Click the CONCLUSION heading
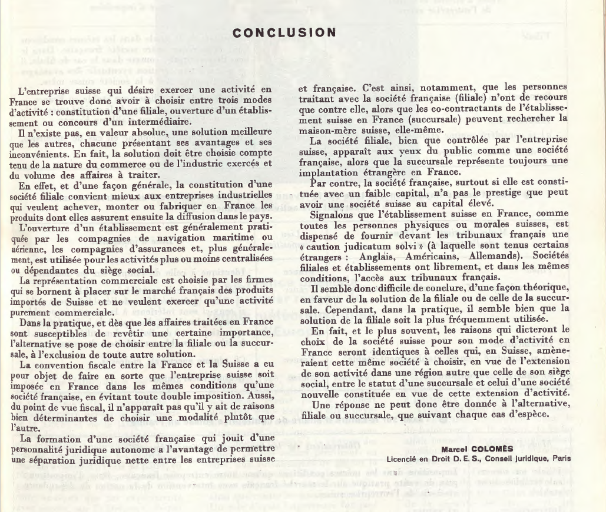click(284, 33)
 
